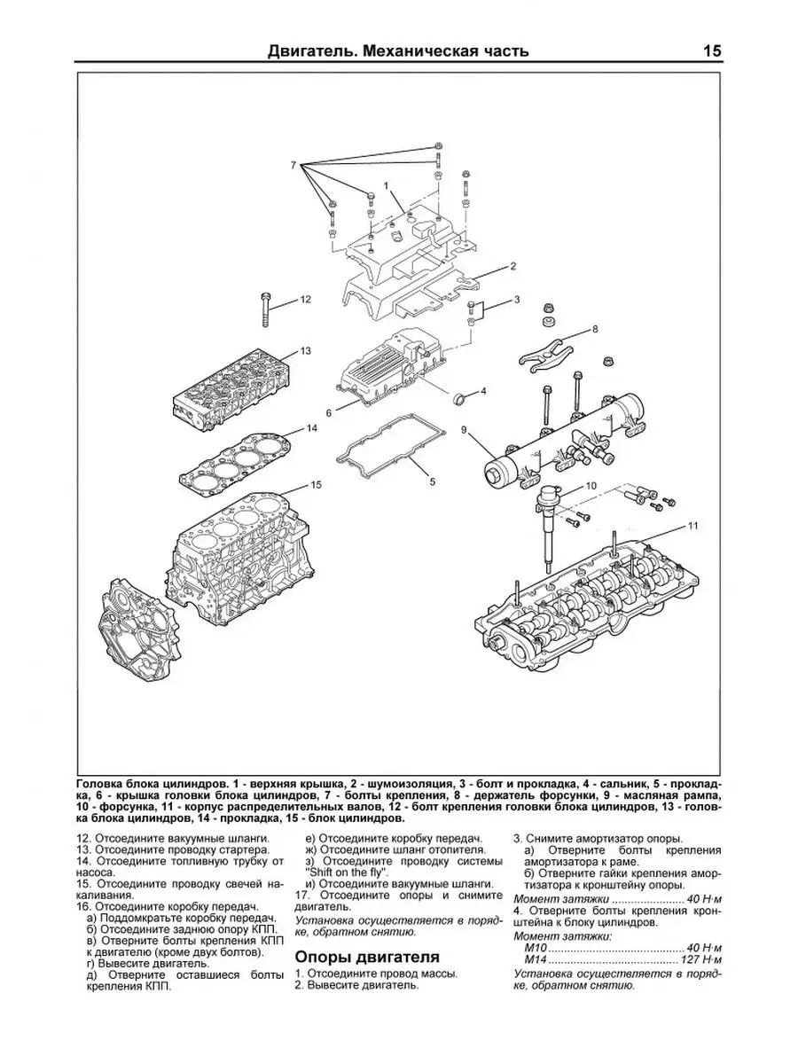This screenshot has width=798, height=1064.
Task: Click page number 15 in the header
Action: point(711,51)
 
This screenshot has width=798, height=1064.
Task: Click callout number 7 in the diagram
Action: point(293,166)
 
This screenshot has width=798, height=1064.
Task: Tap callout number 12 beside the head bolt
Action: point(305,300)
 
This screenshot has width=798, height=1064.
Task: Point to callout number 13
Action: point(305,351)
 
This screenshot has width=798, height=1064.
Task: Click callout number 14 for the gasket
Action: point(312,428)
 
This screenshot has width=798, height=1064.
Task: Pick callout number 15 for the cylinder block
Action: point(316,485)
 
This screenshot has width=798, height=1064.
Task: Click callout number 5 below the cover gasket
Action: point(432,481)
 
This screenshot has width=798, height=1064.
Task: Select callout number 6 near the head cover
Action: point(328,413)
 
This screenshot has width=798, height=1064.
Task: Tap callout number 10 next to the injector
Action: point(591,486)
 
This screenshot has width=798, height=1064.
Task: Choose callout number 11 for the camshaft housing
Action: point(693,526)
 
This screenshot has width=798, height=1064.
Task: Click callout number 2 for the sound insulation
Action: point(513,266)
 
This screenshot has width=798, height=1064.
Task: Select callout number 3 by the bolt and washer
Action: point(517,300)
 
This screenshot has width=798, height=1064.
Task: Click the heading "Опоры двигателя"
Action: point(367,957)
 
